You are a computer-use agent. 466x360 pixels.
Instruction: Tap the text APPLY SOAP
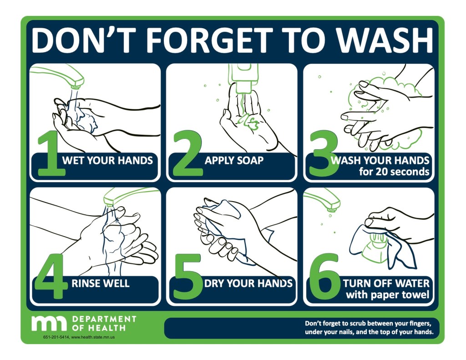[x=234, y=161]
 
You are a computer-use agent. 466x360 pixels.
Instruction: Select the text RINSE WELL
[x=101, y=284]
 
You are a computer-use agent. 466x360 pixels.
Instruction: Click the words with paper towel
[x=387, y=295]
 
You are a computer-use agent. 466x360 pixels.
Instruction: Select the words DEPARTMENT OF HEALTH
[x=104, y=323]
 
